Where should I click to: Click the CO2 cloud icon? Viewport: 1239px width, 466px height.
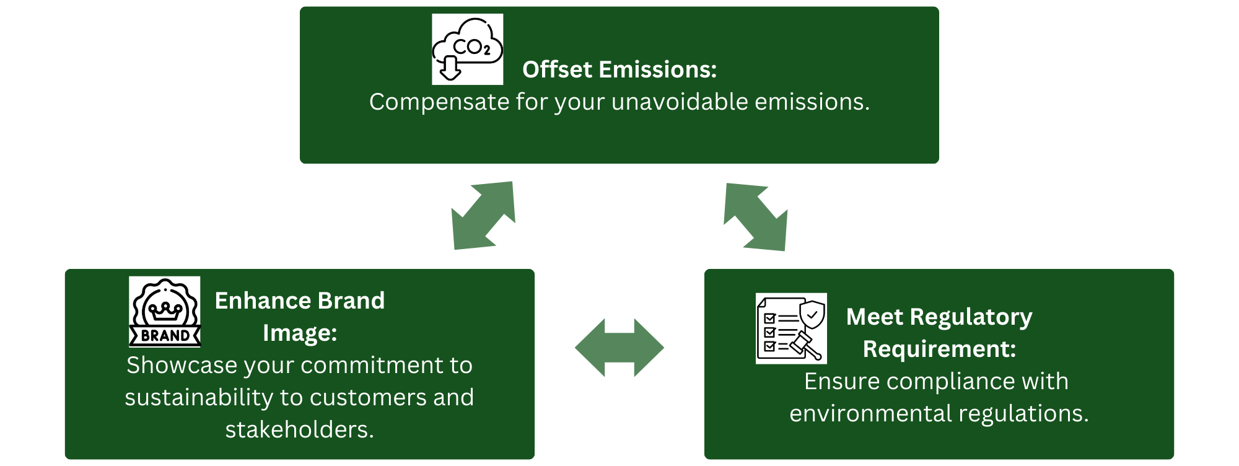click(x=467, y=49)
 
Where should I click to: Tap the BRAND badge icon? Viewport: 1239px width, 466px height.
click(x=165, y=312)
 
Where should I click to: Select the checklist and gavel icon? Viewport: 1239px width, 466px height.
click(x=791, y=328)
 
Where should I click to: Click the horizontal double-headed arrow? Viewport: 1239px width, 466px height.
click(x=619, y=348)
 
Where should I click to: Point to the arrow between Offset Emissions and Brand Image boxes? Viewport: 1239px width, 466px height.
click(x=484, y=215)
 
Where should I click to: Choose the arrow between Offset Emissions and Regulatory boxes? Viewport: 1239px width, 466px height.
click(x=756, y=217)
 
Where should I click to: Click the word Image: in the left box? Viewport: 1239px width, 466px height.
click(x=300, y=333)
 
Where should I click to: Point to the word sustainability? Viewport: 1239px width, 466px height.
click(x=198, y=397)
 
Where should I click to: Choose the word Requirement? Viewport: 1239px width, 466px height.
click(x=939, y=349)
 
